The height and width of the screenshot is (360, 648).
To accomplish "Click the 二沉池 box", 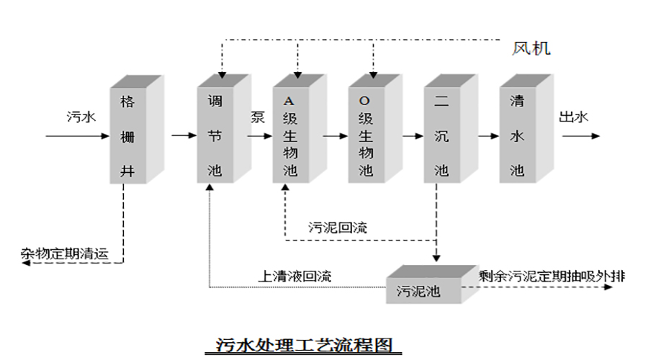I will pos(441,135).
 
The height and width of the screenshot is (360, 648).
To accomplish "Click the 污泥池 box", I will pos(422,291).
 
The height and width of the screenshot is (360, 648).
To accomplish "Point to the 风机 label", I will pos(531,49).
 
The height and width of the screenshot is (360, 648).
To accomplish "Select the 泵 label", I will pos(257,117).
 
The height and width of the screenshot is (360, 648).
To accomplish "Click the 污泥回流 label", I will pos(338,228).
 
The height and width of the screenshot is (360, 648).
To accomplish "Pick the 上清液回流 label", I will pos(295,276).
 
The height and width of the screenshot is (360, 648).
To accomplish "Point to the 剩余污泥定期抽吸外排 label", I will pos(552,276).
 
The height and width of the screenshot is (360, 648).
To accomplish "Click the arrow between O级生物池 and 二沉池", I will pos(412,135).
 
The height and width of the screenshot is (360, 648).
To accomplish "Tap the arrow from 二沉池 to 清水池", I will pos(488,135).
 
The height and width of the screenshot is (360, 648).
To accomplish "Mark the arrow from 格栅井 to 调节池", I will pos(183,135).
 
